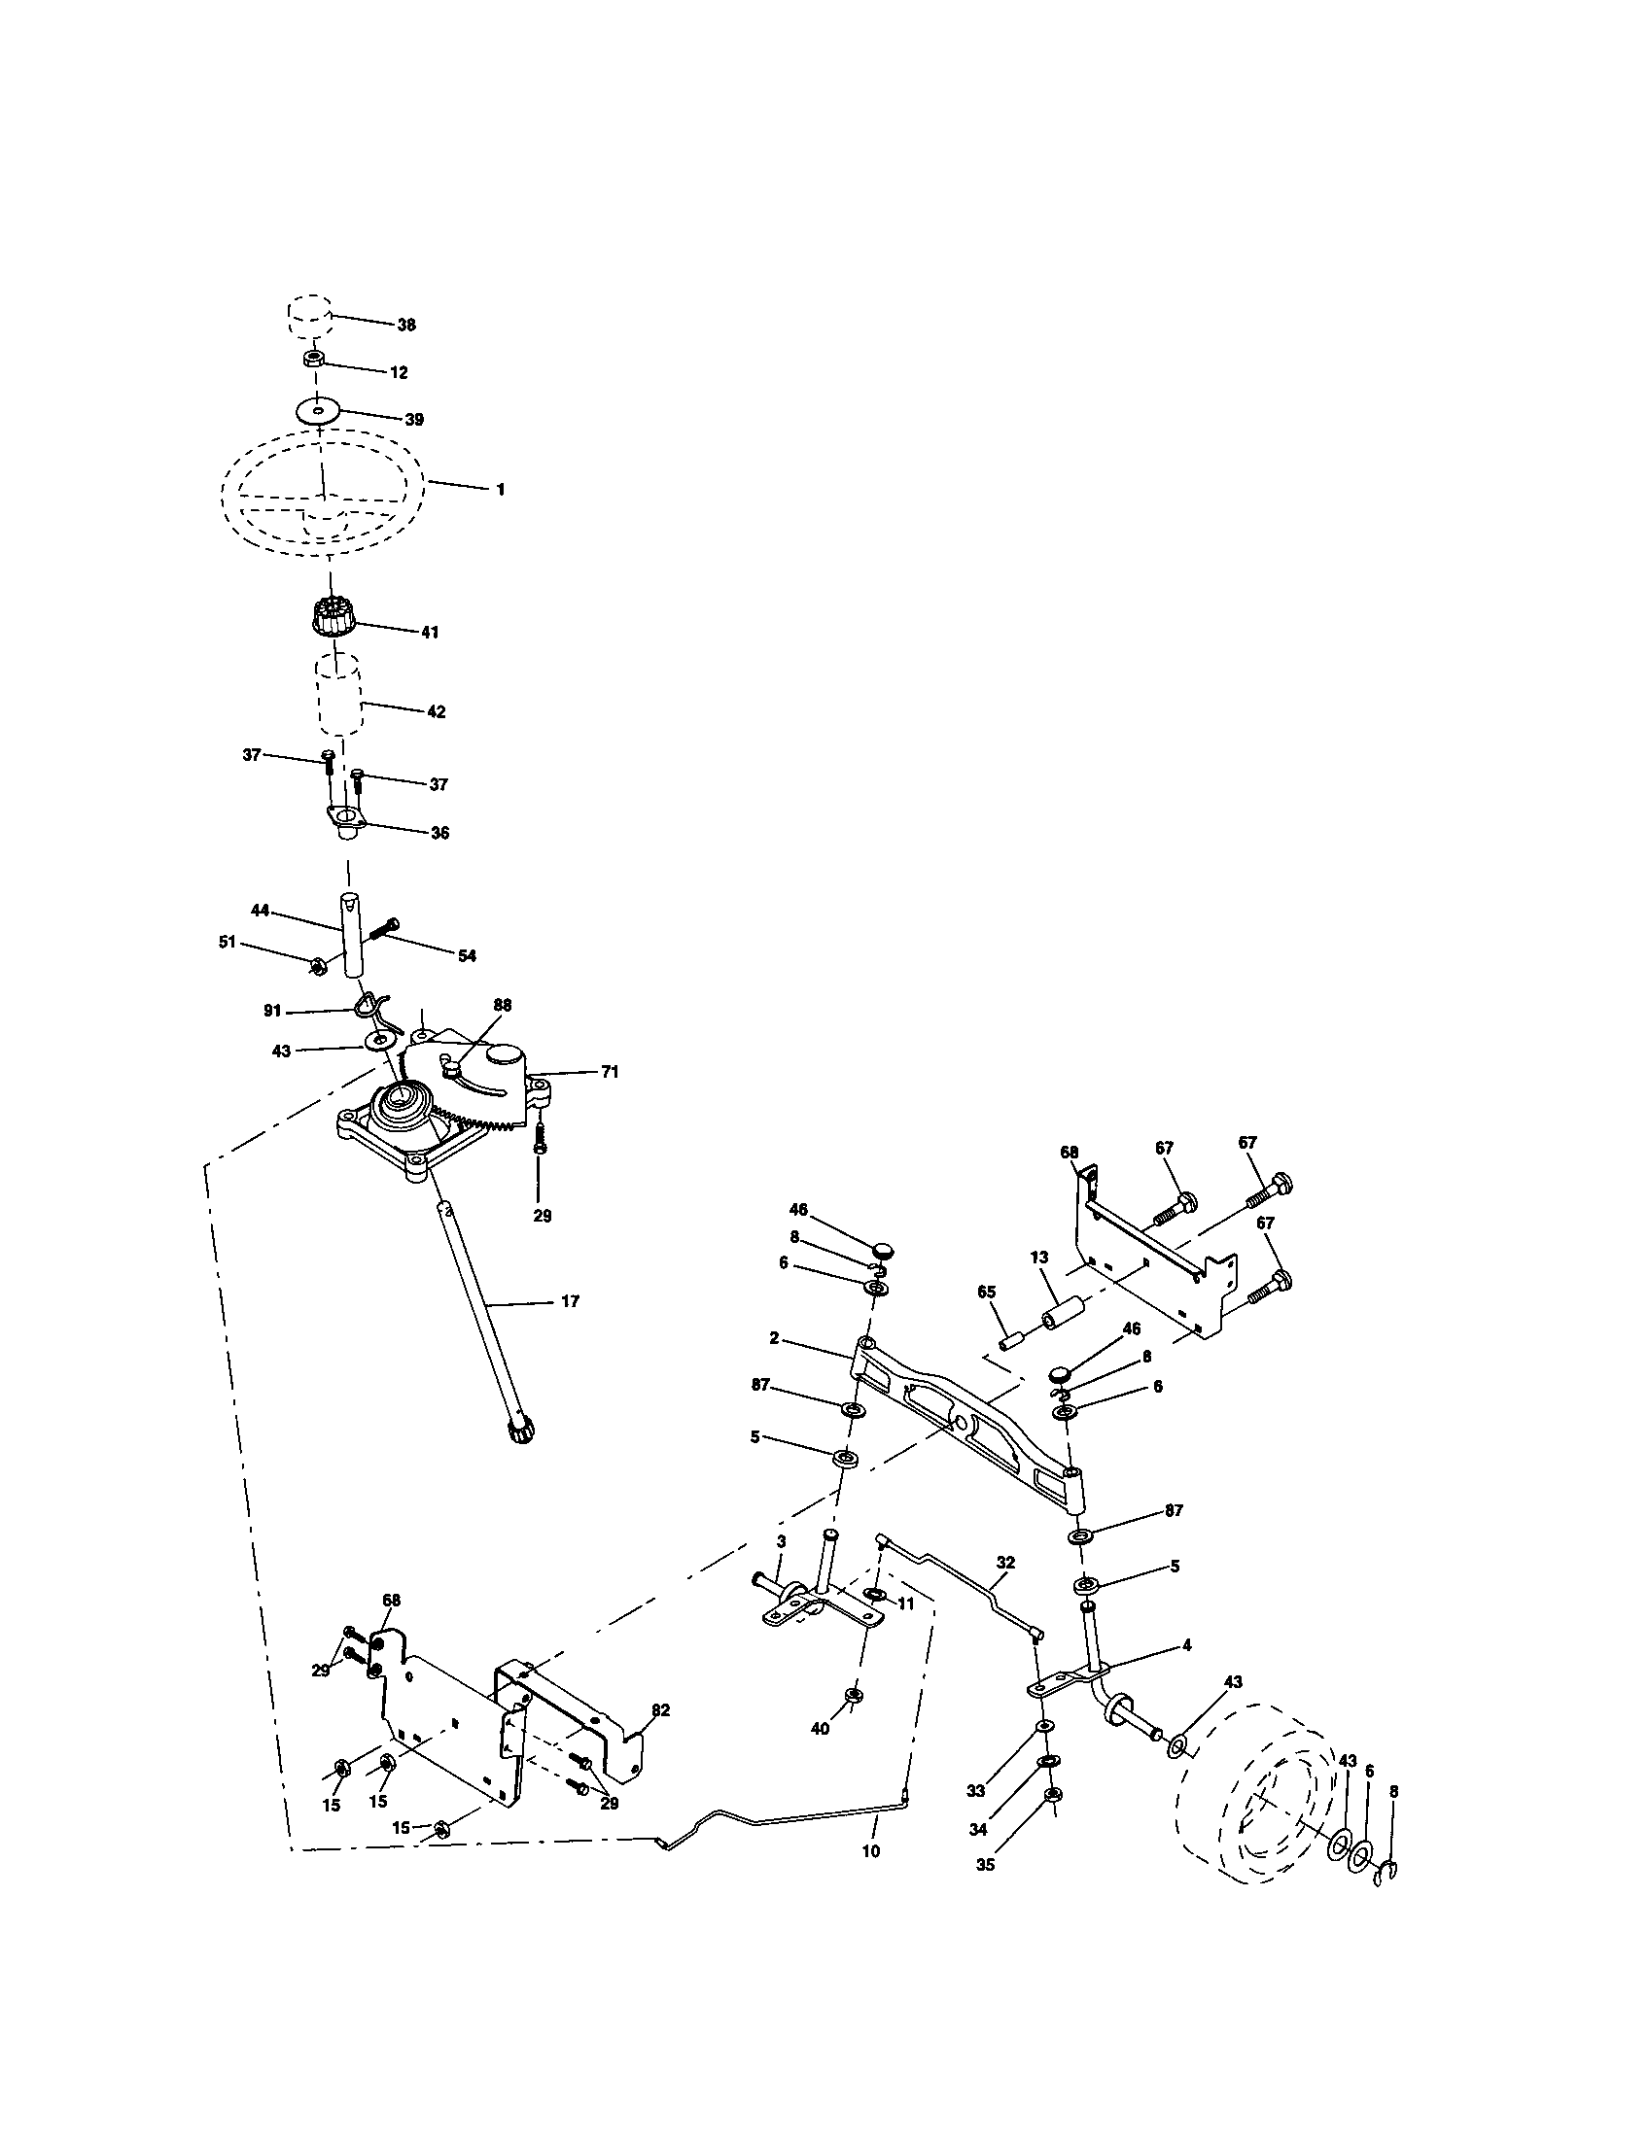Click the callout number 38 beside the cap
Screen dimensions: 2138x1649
click(x=405, y=325)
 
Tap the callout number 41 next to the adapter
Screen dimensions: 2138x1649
click(x=429, y=633)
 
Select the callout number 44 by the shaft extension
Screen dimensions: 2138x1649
click(x=260, y=911)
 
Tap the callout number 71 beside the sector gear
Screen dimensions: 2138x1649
click(x=609, y=1072)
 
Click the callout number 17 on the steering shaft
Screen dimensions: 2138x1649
click(x=570, y=1301)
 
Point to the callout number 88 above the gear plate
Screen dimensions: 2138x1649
click(x=503, y=1006)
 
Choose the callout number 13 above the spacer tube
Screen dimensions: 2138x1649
click(x=1039, y=1256)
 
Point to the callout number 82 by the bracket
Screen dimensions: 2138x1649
click(x=660, y=1710)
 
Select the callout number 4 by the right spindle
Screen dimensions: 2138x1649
click(x=1186, y=1645)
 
